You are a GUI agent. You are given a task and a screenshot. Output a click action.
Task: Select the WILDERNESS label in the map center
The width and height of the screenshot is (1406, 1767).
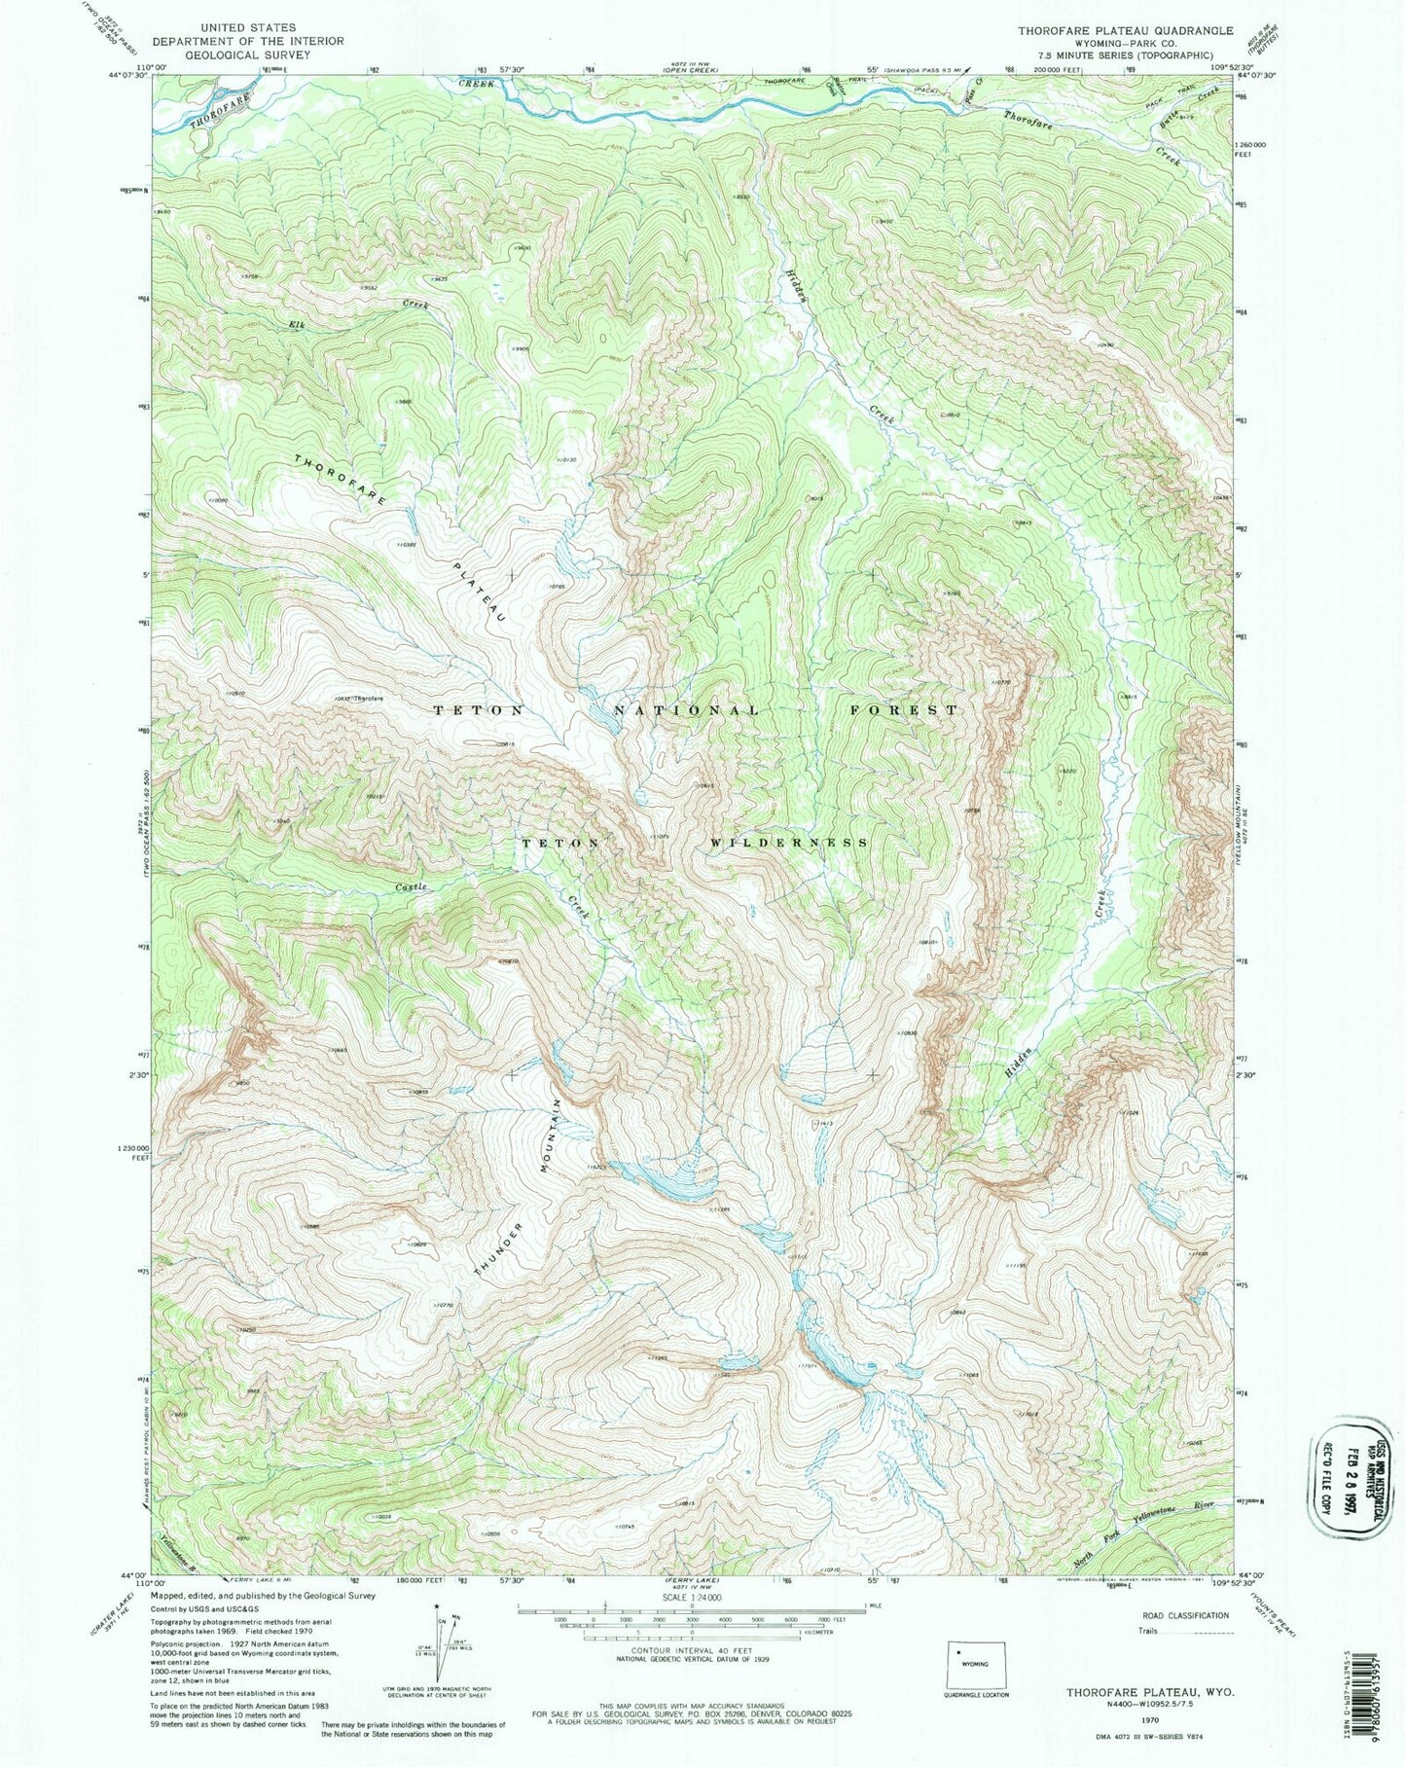point(789,843)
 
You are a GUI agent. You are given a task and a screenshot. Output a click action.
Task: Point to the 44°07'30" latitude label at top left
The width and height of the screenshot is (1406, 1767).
point(128,76)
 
